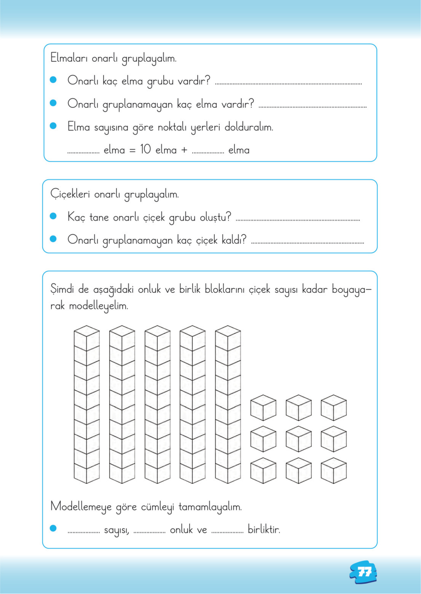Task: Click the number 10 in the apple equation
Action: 145,149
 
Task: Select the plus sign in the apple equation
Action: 184,150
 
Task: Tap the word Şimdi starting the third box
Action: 62,289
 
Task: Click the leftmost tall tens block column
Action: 87,404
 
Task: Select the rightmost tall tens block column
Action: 228,404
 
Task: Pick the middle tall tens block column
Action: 157,404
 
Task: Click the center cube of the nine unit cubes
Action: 298,439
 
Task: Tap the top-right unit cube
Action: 334,408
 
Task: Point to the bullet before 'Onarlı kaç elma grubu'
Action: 53,80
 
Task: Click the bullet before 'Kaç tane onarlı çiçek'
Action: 53,216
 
